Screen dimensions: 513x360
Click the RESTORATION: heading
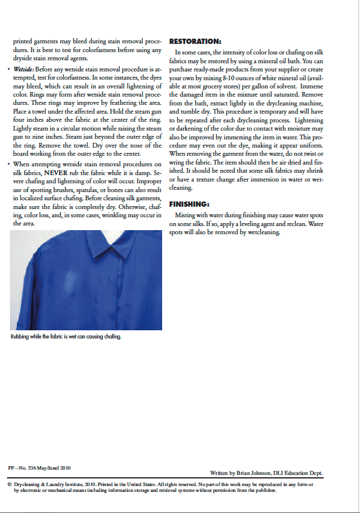click(x=195, y=42)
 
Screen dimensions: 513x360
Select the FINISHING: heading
click(x=189, y=204)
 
